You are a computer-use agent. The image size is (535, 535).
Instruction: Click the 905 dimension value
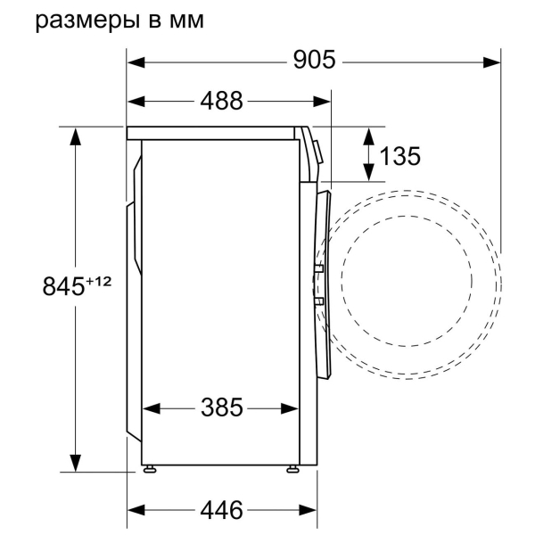click(x=314, y=61)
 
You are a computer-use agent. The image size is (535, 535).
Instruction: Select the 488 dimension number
click(x=220, y=102)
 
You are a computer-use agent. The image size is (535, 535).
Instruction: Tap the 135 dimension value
click(x=399, y=156)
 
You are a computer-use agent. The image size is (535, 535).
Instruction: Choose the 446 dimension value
click(x=220, y=511)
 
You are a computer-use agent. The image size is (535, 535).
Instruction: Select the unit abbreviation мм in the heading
click(x=184, y=21)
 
